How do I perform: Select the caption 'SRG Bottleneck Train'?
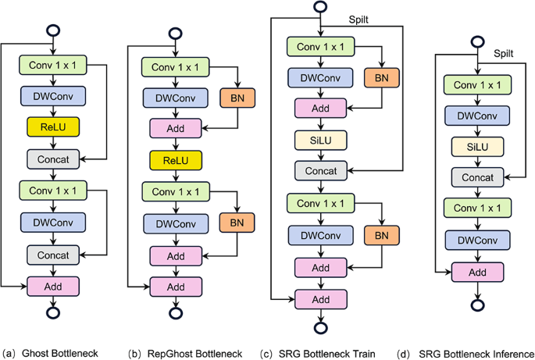[x=326, y=353]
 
